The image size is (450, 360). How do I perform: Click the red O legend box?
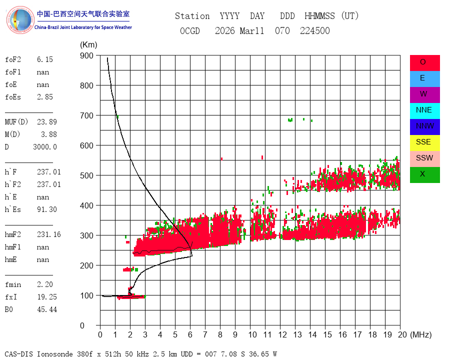tap(424, 63)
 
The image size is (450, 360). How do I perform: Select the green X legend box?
tap(424, 175)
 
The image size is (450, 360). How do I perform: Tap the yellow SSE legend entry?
tap(424, 142)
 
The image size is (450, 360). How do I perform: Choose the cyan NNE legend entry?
tap(424, 111)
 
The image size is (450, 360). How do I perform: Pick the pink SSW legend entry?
tap(424, 159)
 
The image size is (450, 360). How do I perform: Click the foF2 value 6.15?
tap(45, 59)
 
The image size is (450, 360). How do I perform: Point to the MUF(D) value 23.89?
tap(47, 122)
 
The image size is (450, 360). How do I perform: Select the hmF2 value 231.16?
tap(49, 234)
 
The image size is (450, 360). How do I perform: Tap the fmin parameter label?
tap(13, 284)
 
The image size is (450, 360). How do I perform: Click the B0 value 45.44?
tap(47, 309)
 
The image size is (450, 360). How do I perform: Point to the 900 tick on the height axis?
tap(86, 55)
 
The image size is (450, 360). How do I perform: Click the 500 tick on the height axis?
tap(86, 175)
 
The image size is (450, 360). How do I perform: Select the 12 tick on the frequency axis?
tap(282, 334)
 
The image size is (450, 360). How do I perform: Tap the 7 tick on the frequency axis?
tap(205, 334)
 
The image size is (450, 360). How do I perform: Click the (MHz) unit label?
tap(421, 334)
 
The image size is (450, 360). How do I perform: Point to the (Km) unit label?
tap(88, 45)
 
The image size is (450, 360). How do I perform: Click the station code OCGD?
tap(189, 30)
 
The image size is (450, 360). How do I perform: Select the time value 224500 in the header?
tap(315, 30)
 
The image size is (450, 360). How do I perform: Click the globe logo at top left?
tap(20, 20)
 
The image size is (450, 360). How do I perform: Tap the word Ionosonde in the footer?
tap(55, 354)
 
